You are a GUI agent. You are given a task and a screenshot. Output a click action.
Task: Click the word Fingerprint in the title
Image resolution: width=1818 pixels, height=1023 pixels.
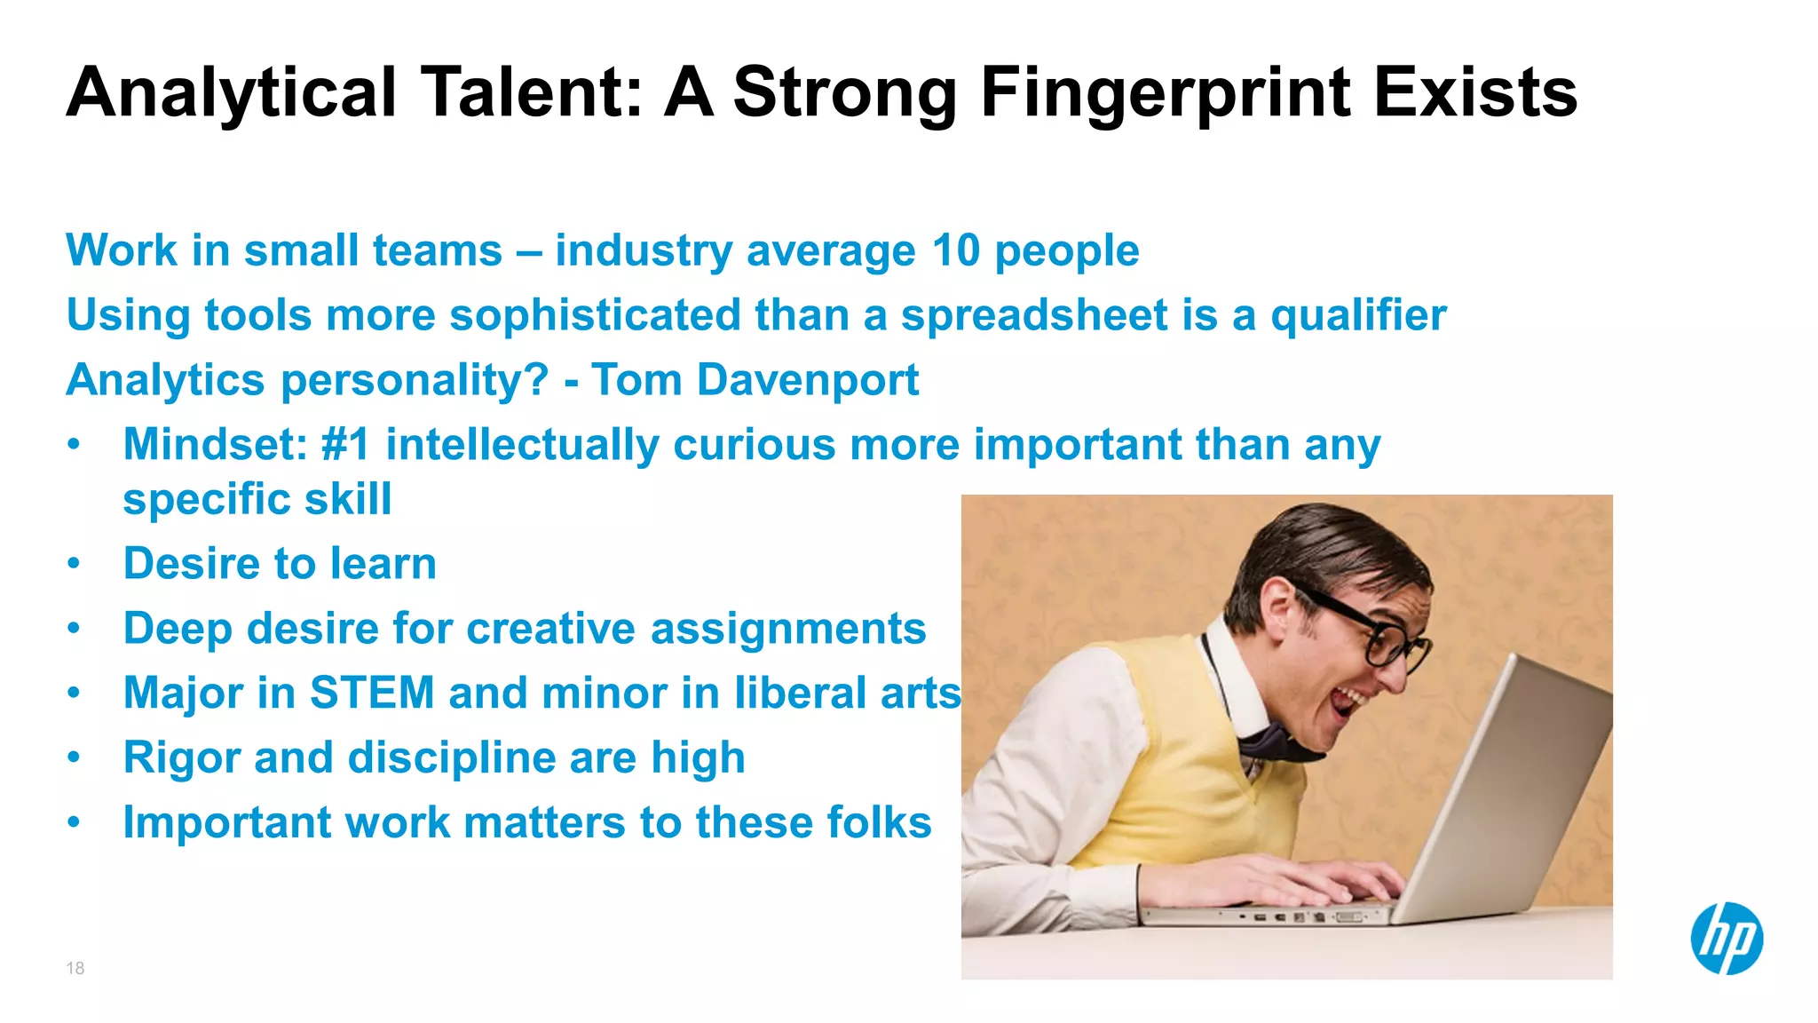tap(1166, 93)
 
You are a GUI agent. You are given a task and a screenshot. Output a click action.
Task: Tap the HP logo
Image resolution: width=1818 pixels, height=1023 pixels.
tap(1726, 939)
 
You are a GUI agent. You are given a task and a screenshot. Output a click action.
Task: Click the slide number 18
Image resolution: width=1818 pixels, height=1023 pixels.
tap(75, 968)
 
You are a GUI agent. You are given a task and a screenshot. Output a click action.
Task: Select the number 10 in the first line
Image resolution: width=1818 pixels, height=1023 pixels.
tap(955, 250)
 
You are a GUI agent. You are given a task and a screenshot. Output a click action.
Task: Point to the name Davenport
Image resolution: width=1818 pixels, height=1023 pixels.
tap(807, 380)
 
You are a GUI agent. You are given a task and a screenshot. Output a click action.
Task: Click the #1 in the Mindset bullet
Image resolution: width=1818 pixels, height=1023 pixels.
tap(345, 444)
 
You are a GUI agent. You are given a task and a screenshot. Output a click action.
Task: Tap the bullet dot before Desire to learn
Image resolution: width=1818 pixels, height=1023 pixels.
tap(75, 563)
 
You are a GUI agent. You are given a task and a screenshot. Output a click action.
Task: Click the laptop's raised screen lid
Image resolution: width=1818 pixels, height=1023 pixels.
tap(1509, 781)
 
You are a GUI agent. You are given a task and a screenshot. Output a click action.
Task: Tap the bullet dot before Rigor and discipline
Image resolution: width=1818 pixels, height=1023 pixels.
tap(75, 757)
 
